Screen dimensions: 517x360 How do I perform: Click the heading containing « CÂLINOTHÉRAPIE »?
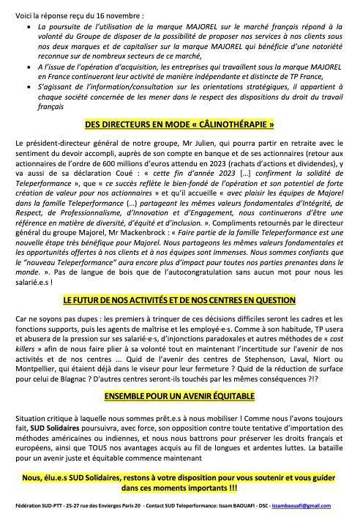click(179, 125)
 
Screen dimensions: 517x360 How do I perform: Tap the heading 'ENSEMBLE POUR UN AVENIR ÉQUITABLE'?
click(179, 396)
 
